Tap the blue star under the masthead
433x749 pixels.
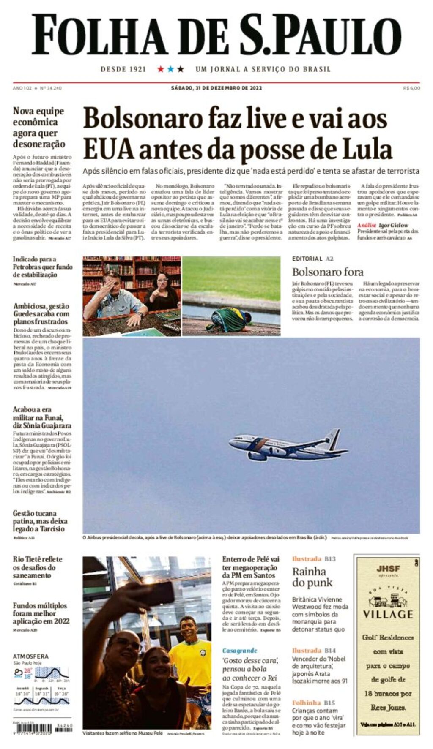coord(170,69)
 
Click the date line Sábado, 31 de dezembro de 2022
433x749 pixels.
coord(216,88)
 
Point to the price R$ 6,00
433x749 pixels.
coord(411,88)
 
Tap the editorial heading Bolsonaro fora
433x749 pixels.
coord(328,272)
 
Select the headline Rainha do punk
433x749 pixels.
coord(312,577)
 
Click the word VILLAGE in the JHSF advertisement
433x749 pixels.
coord(388,614)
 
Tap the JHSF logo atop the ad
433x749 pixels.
coord(388,569)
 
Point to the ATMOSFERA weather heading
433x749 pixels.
coord(31,656)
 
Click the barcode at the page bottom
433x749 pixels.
coord(33,729)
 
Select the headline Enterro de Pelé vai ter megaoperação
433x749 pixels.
coord(251,567)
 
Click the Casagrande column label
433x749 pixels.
coord(240,651)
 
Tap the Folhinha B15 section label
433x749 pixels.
coord(313,703)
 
